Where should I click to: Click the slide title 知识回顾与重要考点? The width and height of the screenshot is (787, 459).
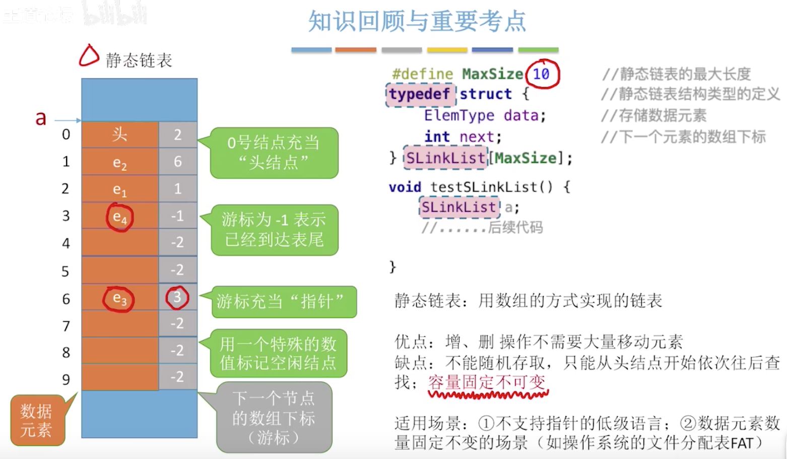(417, 21)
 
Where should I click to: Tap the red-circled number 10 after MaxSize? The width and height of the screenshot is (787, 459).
(542, 74)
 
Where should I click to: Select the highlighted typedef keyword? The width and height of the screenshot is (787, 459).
(419, 94)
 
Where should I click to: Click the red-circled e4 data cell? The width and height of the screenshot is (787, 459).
(119, 217)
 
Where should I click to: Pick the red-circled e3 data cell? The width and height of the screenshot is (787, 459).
(119, 298)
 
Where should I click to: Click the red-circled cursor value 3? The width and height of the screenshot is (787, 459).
(177, 297)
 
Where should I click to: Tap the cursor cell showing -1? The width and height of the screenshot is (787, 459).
(177, 216)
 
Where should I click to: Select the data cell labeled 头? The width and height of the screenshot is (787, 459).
(120, 135)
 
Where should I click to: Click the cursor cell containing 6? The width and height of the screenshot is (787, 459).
(177, 161)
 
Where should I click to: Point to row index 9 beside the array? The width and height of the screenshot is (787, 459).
(65, 379)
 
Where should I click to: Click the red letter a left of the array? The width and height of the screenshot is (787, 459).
(41, 119)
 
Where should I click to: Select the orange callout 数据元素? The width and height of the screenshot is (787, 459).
(37, 420)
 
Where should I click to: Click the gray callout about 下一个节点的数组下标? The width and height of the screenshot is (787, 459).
(274, 418)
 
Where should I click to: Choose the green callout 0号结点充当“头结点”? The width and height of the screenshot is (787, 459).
(274, 152)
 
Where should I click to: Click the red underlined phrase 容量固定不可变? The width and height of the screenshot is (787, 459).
(487, 382)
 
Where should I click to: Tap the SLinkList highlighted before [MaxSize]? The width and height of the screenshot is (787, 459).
(445, 158)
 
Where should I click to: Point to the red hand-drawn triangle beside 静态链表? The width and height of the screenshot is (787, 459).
(89, 56)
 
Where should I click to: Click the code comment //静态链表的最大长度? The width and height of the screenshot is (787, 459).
(676, 74)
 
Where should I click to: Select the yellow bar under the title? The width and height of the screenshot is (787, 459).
(447, 50)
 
